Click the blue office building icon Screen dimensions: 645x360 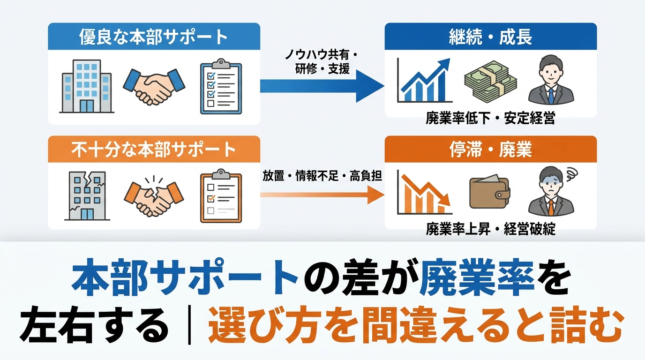coord(87,86)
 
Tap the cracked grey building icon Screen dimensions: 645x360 coord(87,196)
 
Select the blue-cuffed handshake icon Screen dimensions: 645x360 coord(154,86)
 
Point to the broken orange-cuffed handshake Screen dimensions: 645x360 coord(154,196)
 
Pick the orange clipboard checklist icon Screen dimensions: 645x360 coord(221,196)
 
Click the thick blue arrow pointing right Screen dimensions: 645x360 coord(322,86)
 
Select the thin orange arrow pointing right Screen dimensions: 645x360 coord(322,195)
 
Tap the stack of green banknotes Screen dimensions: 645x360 coord(490,82)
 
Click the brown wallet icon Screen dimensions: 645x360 coord(489,192)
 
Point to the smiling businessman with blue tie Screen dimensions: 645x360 coord(551,80)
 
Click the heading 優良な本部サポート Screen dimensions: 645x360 coord(153,37)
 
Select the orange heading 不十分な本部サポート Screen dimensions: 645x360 coord(153,150)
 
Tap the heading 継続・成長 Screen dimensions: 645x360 coord(490,37)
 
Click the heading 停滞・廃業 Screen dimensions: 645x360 coord(490,150)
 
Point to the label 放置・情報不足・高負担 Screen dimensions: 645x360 coord(322,175)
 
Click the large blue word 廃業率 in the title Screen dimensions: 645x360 coord(477,278)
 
